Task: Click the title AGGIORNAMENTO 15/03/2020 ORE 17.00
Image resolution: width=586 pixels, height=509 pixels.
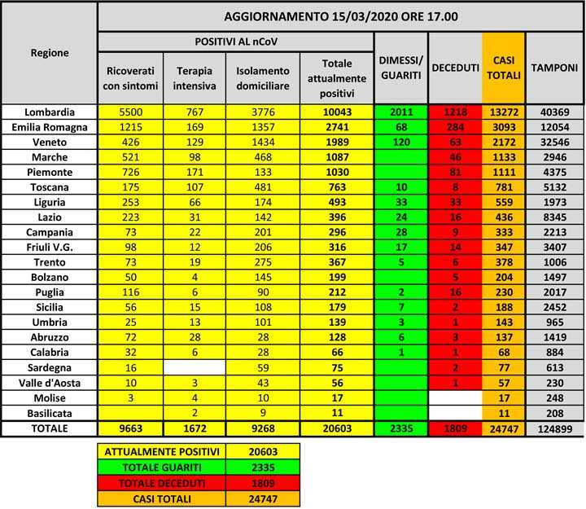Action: coord(340,16)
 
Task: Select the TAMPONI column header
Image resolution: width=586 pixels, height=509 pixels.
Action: coord(555,69)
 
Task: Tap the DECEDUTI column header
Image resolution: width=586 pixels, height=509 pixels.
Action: coord(455,69)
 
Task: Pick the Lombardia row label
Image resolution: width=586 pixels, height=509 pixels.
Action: coord(50,112)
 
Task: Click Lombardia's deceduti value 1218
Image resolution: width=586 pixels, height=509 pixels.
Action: coord(455,112)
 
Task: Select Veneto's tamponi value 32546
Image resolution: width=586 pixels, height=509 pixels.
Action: coord(555,143)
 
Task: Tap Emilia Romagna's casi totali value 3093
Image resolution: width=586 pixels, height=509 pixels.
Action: coord(504,127)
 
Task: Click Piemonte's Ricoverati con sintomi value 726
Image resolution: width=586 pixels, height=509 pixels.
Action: coord(130,173)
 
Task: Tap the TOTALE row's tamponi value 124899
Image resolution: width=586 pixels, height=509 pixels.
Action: coord(555,428)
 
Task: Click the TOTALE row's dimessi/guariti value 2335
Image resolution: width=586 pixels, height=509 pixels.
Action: coord(400,428)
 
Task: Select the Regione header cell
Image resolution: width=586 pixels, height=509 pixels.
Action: coord(50,53)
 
